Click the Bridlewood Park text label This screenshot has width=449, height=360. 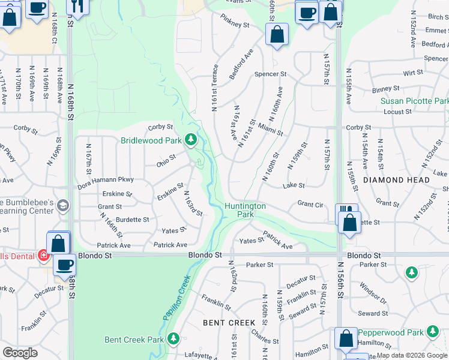coord(151,141)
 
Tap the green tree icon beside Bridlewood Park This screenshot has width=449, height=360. coord(191,140)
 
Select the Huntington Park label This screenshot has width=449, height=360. coord(245,210)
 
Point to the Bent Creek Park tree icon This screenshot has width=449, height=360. coord(173,339)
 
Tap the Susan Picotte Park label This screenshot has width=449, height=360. coord(414,101)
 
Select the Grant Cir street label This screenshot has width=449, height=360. coord(310,205)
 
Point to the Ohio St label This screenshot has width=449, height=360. coord(166,161)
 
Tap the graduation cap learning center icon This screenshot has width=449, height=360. coord(62,207)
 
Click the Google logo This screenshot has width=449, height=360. coord(20,353)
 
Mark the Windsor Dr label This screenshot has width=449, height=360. coord(375,293)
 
